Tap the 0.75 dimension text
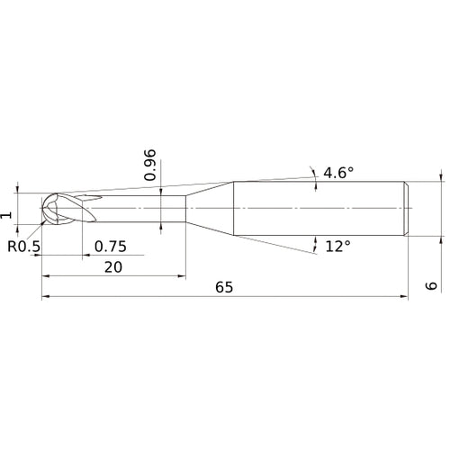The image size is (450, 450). click(110, 246)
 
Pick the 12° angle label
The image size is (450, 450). click(337, 246)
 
